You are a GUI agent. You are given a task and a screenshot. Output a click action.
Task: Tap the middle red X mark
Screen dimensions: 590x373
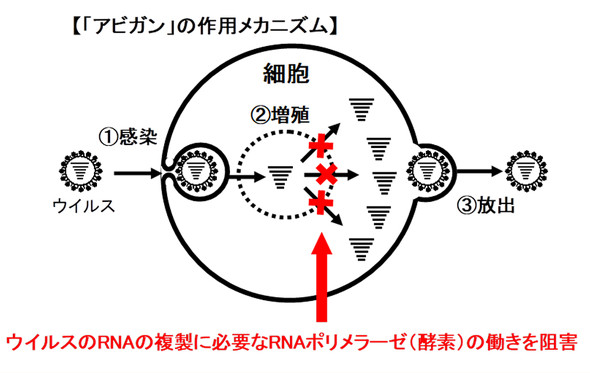pos(326,175)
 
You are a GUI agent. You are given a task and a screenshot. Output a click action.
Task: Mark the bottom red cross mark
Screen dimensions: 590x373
pos(321,205)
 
